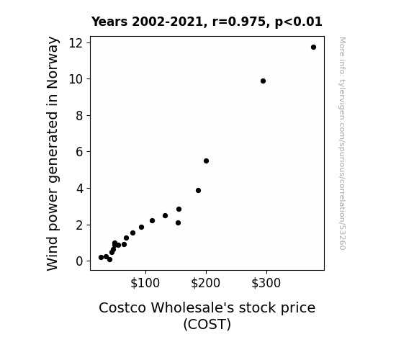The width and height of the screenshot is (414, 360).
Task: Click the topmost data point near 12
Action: (x=313, y=48)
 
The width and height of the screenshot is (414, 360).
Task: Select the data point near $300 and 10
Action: (x=263, y=81)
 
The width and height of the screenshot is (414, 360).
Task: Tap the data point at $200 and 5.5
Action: (x=206, y=161)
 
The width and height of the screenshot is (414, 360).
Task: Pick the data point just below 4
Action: (x=198, y=190)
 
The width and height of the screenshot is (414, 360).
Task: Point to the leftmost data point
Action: (x=101, y=257)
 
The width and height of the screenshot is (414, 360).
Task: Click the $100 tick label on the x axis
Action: (x=145, y=283)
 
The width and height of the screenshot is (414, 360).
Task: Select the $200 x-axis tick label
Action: (x=205, y=283)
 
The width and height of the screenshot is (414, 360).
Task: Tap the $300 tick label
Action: (x=266, y=283)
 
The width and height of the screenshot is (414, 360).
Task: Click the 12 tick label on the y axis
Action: (x=76, y=42)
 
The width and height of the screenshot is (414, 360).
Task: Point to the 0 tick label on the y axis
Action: (x=79, y=261)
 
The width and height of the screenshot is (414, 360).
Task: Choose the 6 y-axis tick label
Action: (x=79, y=152)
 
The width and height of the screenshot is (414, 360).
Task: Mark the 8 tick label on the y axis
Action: (x=79, y=116)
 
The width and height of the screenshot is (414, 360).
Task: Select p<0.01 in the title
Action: (x=299, y=22)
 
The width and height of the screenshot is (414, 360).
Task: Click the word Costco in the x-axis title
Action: (x=122, y=307)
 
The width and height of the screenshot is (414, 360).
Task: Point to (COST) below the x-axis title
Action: (x=207, y=324)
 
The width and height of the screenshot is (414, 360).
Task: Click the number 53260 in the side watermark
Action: (x=342, y=239)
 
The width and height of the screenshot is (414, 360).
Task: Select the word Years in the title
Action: (x=109, y=22)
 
